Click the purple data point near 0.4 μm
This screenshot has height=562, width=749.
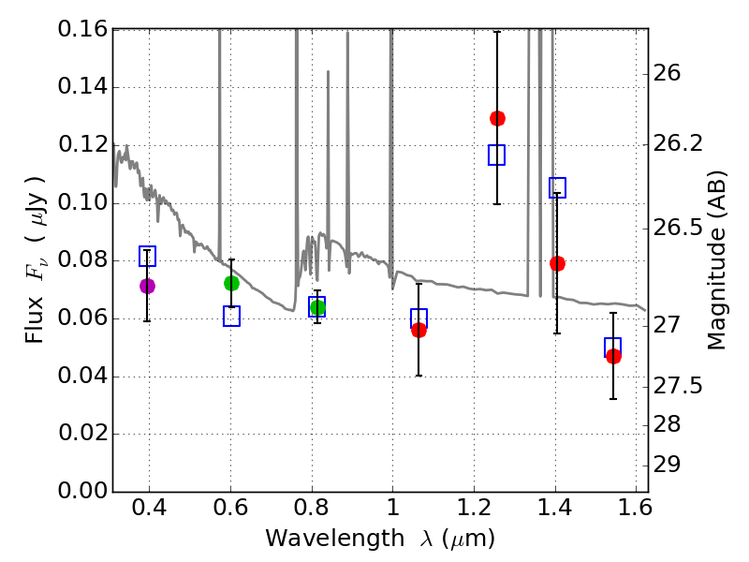[x=147, y=286]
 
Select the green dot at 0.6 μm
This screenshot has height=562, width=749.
[x=231, y=283]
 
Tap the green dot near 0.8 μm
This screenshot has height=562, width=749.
[x=317, y=308]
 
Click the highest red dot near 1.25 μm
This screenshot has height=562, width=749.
[x=497, y=118]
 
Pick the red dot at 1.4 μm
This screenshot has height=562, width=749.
[x=557, y=263]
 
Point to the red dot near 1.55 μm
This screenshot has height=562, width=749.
[x=613, y=356]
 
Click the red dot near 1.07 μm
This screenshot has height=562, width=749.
[x=419, y=330]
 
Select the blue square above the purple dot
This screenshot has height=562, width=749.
[x=147, y=256]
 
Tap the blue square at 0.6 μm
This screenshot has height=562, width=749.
[x=231, y=316]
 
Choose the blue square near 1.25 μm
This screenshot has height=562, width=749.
[x=496, y=155]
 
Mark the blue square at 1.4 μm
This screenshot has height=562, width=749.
[x=557, y=187]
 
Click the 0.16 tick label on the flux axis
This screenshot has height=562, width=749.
[x=81, y=30]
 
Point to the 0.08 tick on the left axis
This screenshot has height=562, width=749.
[x=81, y=261]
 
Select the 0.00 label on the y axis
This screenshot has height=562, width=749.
[x=81, y=492]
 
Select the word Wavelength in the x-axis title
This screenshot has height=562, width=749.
[x=322, y=540]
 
